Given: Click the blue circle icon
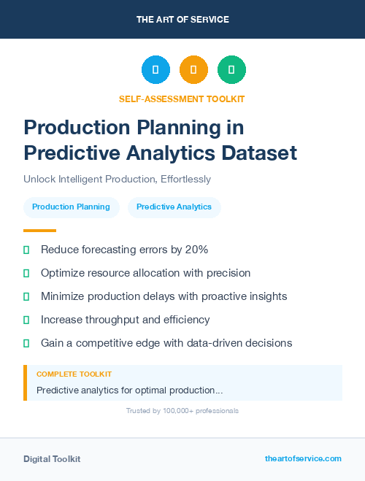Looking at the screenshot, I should click(x=155, y=70).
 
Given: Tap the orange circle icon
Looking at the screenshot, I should click(x=193, y=70).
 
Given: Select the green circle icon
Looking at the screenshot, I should click(x=231, y=70).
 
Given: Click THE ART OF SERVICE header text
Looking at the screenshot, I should click(x=182, y=19).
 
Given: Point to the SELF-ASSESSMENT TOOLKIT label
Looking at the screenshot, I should click(x=182, y=99).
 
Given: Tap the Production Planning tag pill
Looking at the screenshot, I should click(x=71, y=207).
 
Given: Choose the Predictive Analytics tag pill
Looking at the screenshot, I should click(x=174, y=207).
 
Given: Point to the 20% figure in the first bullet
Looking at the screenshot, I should click(x=196, y=250).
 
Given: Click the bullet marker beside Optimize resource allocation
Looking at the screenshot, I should click(x=26, y=273).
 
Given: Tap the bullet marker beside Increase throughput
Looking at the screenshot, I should click(x=26, y=320).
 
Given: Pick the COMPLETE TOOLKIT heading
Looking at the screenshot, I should click(x=74, y=374).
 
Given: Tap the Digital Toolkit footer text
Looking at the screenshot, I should click(x=52, y=459).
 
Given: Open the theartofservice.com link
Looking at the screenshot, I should click(x=303, y=458).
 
